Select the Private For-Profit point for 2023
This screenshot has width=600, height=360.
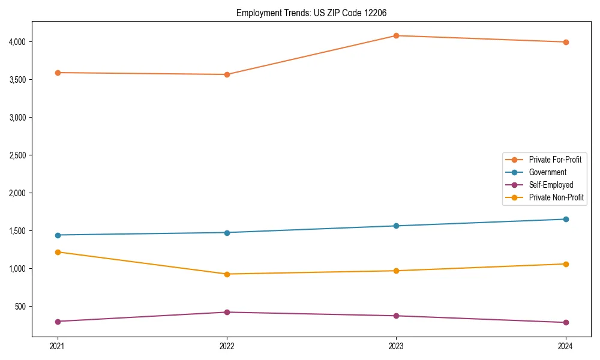tap(396, 35)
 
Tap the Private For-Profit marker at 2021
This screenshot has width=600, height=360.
tap(58, 73)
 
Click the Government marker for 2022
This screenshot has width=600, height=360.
tap(227, 232)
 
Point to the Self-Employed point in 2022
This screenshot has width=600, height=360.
tap(227, 312)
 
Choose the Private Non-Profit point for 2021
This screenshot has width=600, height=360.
tap(58, 252)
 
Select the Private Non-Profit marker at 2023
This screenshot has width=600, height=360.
tap(396, 271)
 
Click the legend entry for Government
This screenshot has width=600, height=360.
tap(547, 172)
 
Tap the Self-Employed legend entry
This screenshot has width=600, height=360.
tap(551, 185)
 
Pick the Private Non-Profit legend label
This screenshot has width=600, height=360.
tap(556, 197)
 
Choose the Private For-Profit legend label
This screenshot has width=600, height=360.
tap(555, 160)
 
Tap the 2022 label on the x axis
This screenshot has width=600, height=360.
tap(227, 346)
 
